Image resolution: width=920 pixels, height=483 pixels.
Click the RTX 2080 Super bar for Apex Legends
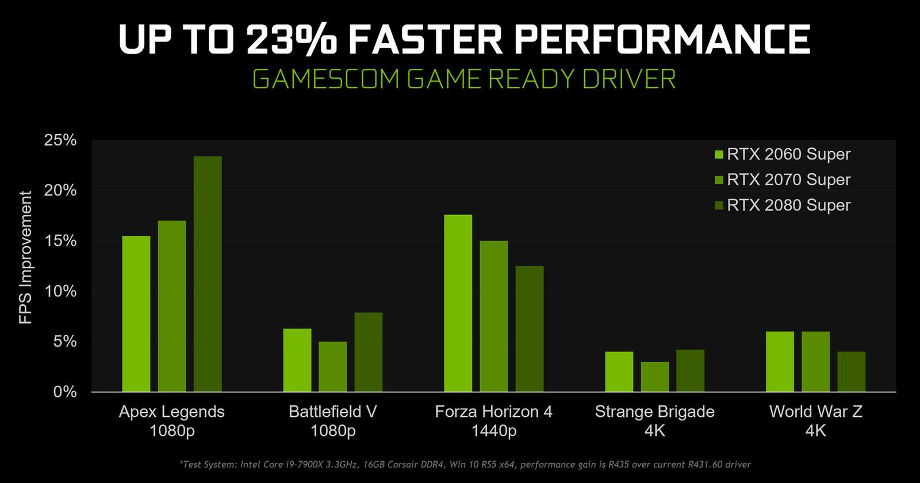click(x=208, y=274)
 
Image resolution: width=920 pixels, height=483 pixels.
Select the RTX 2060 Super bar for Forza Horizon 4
click(x=458, y=303)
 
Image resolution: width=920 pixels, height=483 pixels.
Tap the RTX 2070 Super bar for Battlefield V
click(x=333, y=367)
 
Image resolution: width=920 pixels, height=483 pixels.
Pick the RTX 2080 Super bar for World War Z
click(x=852, y=371)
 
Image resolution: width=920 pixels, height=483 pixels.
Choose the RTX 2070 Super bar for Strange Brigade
click(x=655, y=377)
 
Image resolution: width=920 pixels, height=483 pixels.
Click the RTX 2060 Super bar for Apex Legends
click(x=136, y=314)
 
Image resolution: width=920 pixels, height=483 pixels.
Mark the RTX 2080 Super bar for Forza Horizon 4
click(x=530, y=329)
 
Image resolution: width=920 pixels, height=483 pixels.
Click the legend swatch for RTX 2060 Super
click(x=719, y=155)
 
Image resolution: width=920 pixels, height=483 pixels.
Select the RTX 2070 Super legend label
click(x=788, y=180)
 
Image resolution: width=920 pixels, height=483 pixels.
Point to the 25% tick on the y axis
click(x=60, y=140)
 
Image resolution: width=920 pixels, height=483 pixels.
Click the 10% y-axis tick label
click(x=60, y=292)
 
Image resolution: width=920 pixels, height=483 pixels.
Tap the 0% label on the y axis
click(x=64, y=392)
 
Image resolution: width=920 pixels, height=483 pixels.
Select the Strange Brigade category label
click(x=654, y=412)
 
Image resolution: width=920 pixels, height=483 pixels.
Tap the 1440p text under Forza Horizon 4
click(x=493, y=431)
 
